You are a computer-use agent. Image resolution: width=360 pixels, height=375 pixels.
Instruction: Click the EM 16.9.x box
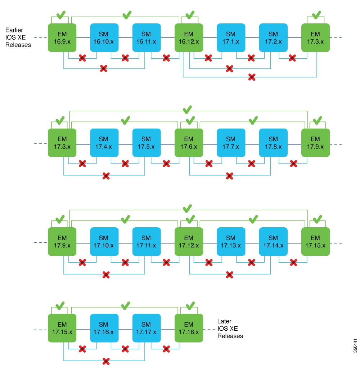pyautogui.click(x=62, y=37)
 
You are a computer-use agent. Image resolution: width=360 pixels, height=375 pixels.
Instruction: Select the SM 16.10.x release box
pyautogui.click(x=104, y=37)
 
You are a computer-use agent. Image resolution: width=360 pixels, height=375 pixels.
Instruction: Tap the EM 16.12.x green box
pyautogui.click(x=189, y=37)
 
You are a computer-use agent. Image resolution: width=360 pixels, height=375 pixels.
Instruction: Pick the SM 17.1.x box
pyautogui.click(x=231, y=37)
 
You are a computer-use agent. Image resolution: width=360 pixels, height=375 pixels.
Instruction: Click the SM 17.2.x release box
pyautogui.click(x=273, y=37)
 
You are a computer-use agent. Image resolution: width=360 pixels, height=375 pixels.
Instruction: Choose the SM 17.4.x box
pyautogui.click(x=104, y=143)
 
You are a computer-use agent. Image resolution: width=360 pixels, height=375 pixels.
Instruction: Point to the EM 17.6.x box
pyautogui.click(x=189, y=143)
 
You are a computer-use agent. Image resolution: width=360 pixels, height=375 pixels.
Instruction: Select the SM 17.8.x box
pyautogui.click(x=273, y=143)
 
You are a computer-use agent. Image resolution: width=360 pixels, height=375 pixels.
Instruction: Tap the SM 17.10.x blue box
pyautogui.click(x=104, y=241)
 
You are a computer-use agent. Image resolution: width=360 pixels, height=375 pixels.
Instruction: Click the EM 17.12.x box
pyautogui.click(x=189, y=241)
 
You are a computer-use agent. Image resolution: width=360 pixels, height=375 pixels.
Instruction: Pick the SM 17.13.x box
pyautogui.click(x=231, y=241)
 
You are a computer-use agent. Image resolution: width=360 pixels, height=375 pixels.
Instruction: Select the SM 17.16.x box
pyautogui.click(x=104, y=328)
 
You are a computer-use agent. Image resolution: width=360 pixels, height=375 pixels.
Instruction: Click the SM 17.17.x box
pyautogui.click(x=146, y=328)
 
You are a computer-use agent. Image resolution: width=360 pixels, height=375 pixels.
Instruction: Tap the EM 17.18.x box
pyautogui.click(x=189, y=328)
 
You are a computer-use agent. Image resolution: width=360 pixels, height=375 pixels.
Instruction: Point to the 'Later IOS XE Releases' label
pyautogui.click(x=230, y=328)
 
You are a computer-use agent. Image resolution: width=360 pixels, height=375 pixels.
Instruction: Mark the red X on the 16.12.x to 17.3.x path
pyautogui.click(x=252, y=77)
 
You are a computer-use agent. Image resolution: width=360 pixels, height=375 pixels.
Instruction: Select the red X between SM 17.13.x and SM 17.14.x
pyautogui.click(x=251, y=263)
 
